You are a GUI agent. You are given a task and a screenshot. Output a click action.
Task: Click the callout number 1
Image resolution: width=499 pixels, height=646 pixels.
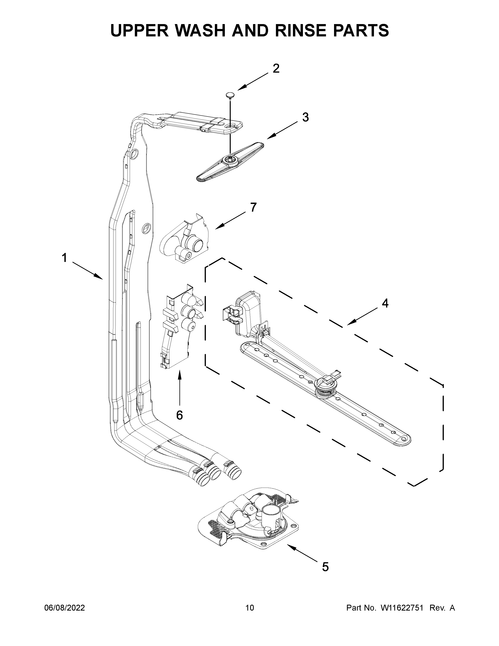point(64,258)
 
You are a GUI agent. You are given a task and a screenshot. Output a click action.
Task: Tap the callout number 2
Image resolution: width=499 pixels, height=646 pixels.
point(276,69)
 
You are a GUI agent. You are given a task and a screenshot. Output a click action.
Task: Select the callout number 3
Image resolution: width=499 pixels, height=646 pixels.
point(305,117)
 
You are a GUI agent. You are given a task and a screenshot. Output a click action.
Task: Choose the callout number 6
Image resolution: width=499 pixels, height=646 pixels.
point(179,415)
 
